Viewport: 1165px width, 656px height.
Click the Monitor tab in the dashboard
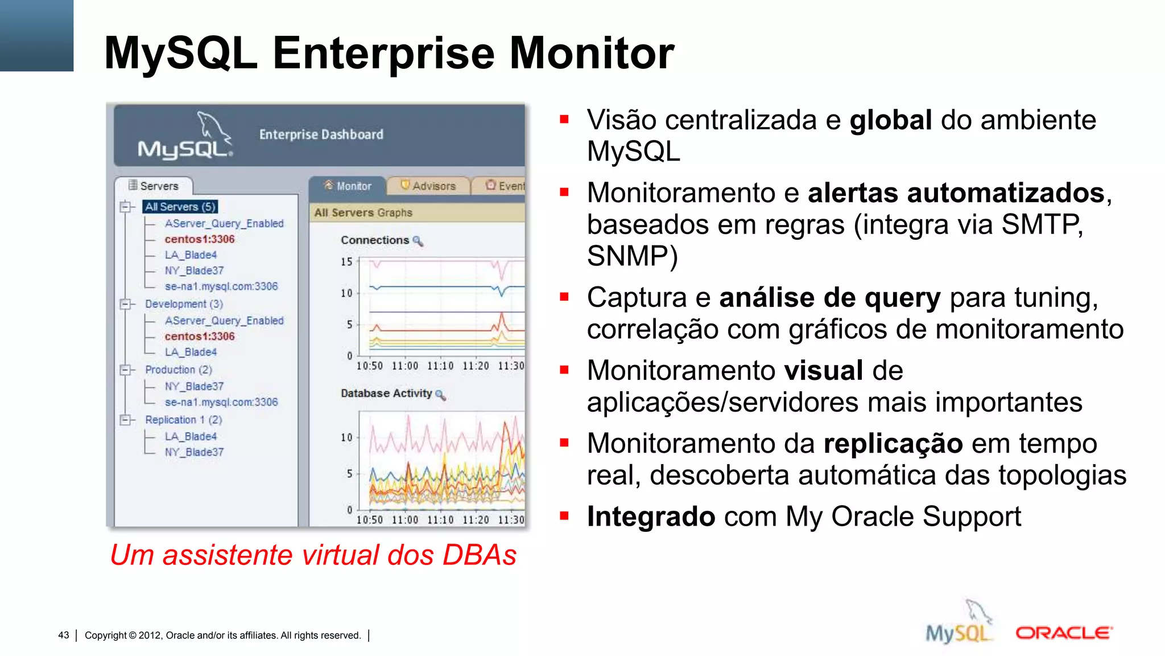[x=348, y=186]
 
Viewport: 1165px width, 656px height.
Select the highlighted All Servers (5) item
[x=180, y=207]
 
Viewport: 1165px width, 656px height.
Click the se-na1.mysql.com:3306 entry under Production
[x=221, y=402]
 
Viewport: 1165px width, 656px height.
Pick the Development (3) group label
[x=184, y=304]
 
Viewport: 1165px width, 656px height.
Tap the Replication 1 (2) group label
[x=183, y=420]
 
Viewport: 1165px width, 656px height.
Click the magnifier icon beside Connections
[x=418, y=241]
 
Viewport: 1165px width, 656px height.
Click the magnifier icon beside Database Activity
[x=440, y=395]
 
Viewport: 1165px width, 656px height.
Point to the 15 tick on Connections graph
[x=346, y=262]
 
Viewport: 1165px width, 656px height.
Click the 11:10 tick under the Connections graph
[x=440, y=366]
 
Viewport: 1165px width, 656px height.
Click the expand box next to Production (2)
[x=125, y=370]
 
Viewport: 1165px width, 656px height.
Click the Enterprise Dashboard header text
[x=321, y=135]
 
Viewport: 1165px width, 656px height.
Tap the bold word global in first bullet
[x=890, y=121]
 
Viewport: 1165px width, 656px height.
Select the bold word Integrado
[x=651, y=517]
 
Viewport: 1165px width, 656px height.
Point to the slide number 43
[x=64, y=635]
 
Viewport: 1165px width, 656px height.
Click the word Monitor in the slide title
[x=592, y=53]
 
